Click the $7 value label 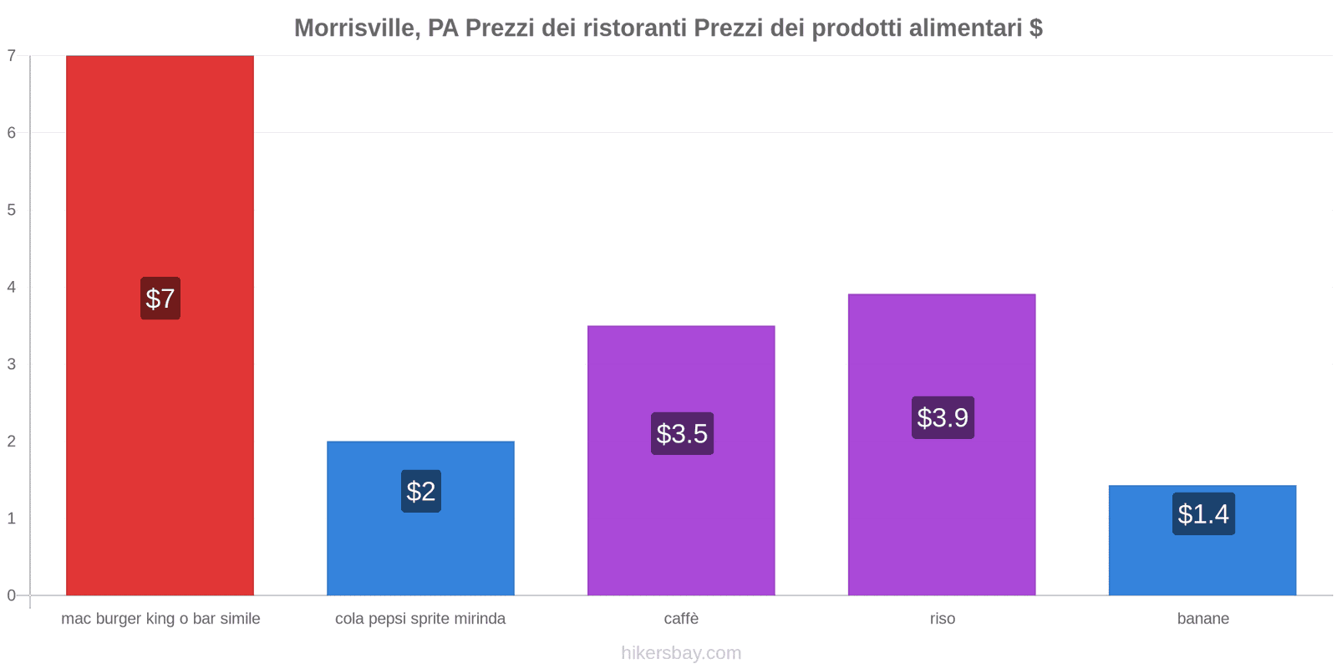(x=160, y=299)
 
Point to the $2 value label (x=420, y=491)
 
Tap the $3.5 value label (x=682, y=433)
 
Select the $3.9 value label (x=943, y=417)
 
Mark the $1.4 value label (x=1203, y=513)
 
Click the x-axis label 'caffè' (x=681, y=619)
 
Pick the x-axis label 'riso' (x=942, y=619)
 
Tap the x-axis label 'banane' (x=1202, y=619)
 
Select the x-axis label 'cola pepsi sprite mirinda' (x=420, y=619)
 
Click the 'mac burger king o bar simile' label (x=160, y=619)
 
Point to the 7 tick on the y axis (x=12, y=56)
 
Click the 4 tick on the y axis (x=12, y=287)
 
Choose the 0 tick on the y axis (x=12, y=595)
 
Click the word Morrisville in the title (x=356, y=28)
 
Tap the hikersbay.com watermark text (x=681, y=653)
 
